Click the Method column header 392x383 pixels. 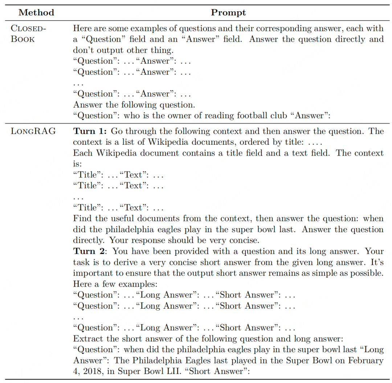pyautogui.click(x=36, y=13)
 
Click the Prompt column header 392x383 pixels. pyautogui.click(x=228, y=13)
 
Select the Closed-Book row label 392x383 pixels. pyautogui.click(x=29, y=34)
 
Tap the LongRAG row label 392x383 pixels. pyautogui.click(x=33, y=131)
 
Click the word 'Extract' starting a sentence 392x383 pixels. pyautogui.click(x=87, y=338)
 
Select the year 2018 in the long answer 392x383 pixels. pyautogui.click(x=92, y=371)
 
